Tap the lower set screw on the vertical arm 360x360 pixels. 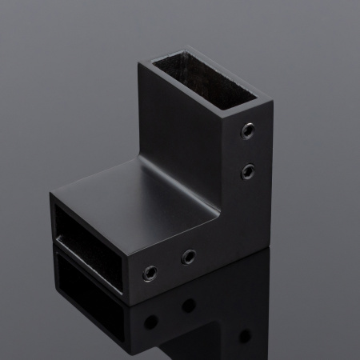click(x=247, y=170)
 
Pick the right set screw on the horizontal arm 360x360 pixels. click(x=190, y=257)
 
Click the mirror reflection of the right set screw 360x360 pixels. click(x=190, y=305)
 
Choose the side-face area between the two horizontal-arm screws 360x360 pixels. click(x=170, y=266)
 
